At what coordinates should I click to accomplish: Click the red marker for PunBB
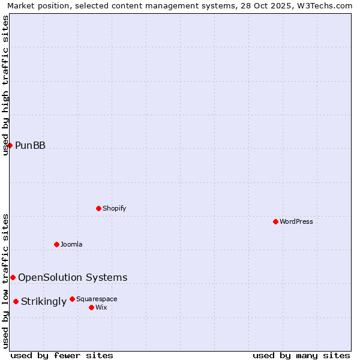10,145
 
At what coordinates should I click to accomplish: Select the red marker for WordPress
275,221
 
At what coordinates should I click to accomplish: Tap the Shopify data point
98,208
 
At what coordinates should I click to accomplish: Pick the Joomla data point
56,244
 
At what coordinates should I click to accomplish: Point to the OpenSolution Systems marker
13,277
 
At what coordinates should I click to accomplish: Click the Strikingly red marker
16,301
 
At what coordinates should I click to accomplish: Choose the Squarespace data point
72,299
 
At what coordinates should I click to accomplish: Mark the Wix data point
91,307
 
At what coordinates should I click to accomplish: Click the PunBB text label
30,146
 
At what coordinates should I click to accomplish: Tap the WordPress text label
296,221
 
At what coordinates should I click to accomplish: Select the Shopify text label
114,208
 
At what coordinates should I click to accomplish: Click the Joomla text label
71,244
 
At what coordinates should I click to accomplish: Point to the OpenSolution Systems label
73,277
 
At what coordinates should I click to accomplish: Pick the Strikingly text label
44,302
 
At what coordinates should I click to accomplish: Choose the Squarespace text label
97,299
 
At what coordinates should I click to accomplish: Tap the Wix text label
101,307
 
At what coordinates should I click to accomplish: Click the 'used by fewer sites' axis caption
62,356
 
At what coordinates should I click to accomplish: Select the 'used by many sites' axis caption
301,356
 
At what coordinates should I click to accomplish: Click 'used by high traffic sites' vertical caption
6,85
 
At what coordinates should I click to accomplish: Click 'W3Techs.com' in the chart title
322,5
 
